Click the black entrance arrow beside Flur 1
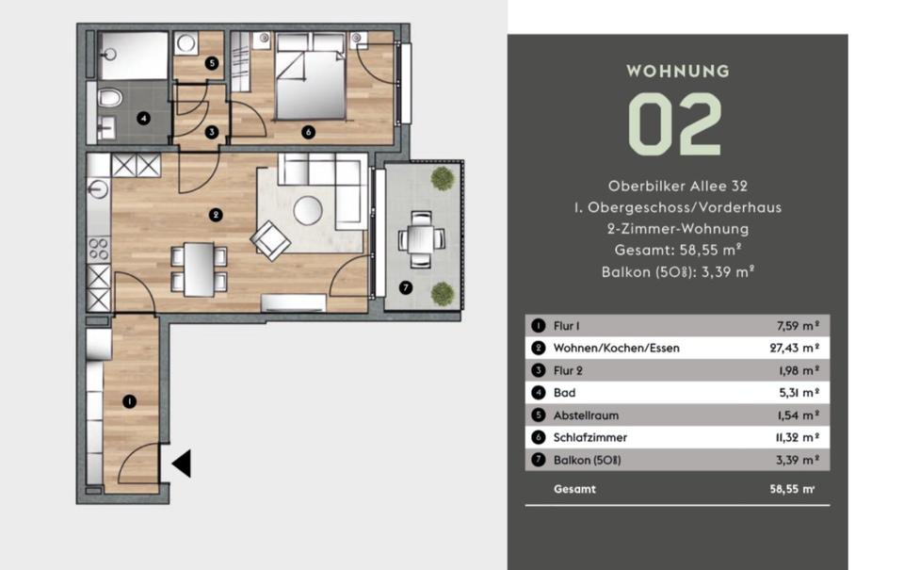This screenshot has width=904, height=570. click(182, 463)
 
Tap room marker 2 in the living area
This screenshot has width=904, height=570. click(215, 215)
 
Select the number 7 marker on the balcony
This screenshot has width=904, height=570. click(406, 287)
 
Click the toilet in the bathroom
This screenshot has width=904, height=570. click(109, 97)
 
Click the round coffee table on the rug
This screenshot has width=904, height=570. click(308, 211)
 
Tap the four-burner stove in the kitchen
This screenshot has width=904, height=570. click(99, 250)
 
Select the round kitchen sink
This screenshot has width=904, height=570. click(99, 189)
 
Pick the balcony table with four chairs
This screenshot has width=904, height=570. click(422, 239)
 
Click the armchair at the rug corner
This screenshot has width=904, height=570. click(270, 240)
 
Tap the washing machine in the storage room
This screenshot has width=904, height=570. click(186, 43)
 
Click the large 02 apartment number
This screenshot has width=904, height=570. click(674, 124)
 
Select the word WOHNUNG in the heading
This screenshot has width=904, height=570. click(678, 71)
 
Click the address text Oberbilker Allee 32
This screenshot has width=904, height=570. click(678, 187)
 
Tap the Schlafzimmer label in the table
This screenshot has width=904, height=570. click(589, 437)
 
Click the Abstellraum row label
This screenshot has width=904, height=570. click(586, 415)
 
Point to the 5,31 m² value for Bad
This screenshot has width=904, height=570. click(799, 393)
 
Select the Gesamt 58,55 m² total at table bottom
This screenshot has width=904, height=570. click(684, 489)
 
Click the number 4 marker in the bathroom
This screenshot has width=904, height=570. click(143, 119)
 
